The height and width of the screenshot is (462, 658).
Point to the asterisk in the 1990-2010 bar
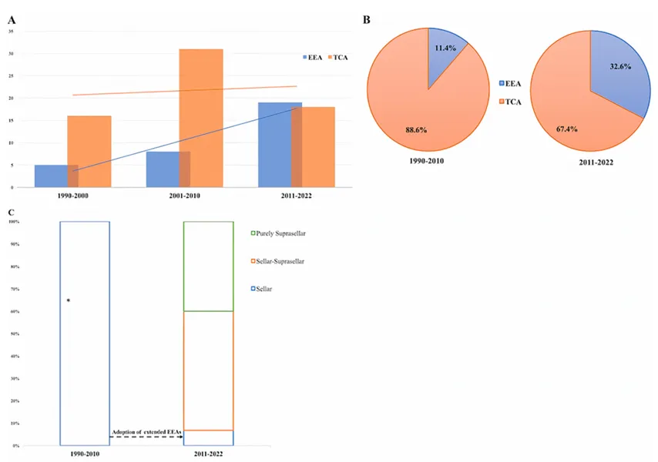[x=69, y=300]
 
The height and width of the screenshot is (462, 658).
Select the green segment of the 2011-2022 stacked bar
[x=207, y=266]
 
